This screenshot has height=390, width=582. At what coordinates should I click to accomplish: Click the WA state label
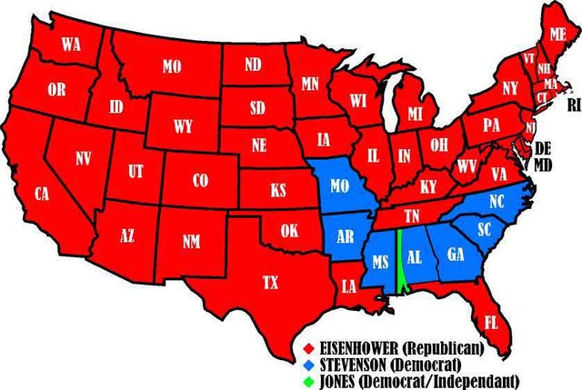point(71,45)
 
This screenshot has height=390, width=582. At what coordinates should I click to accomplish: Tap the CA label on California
point(42,194)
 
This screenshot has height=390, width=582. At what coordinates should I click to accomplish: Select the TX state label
point(270,283)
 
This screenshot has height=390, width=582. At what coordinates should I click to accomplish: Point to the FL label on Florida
point(491,322)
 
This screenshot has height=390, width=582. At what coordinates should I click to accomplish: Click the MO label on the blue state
point(341,186)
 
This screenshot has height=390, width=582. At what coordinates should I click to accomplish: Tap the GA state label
point(456,255)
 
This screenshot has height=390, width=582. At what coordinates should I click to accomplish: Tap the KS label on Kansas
point(277,192)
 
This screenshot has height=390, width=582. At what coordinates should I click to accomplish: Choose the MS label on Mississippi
point(381,262)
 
